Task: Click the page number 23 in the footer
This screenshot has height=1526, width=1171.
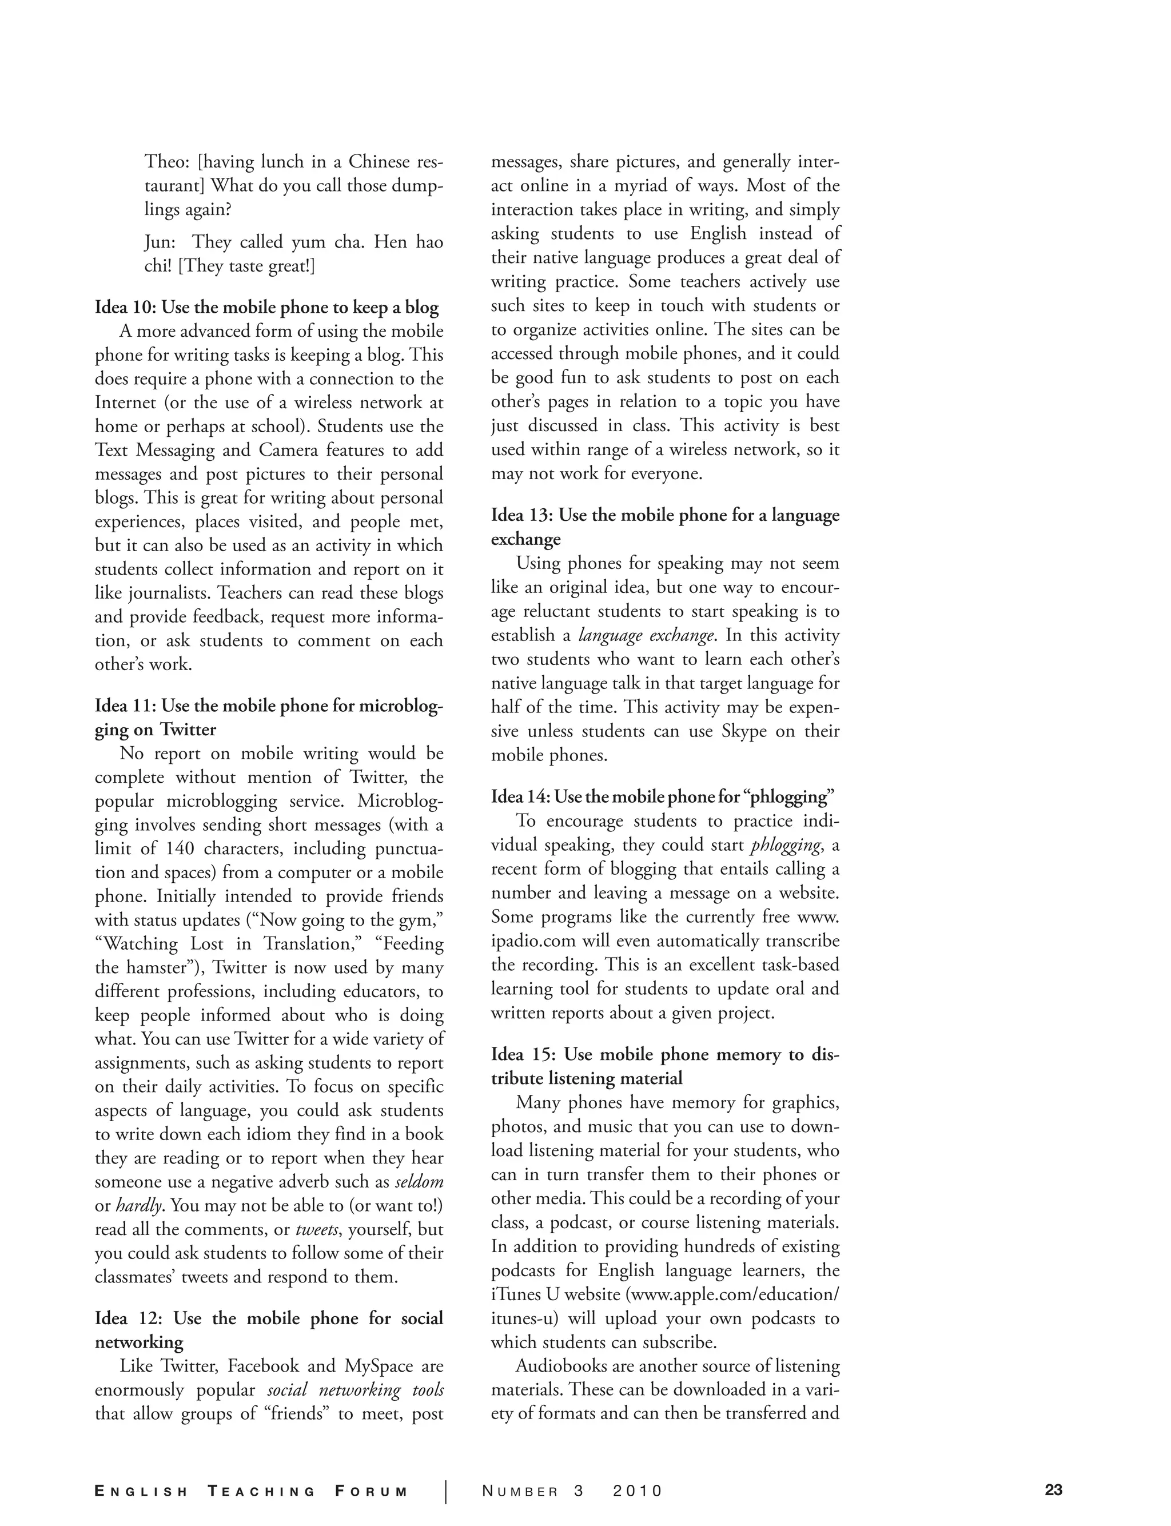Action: [1053, 1491]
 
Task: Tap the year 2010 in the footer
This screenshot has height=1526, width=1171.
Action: [637, 1491]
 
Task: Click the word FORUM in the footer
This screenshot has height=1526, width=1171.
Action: [371, 1491]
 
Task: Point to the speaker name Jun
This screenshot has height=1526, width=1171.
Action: [160, 242]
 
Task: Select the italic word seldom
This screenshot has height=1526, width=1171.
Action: [419, 1182]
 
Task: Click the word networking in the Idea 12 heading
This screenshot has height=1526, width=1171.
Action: [139, 1342]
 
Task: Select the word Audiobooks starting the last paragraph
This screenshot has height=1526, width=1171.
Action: [563, 1366]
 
